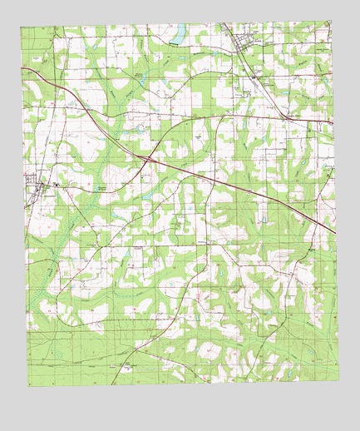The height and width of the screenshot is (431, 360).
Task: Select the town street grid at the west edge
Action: pos(37,184)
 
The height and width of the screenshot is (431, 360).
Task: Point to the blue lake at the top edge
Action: pos(177,34)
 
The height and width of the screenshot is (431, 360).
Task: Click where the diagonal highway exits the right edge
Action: pos(334,232)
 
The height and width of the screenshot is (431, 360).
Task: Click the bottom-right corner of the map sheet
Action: pos(339,378)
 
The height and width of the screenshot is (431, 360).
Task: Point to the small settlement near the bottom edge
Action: pos(125,364)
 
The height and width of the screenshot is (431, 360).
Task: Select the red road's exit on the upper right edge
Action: pos(332,122)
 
